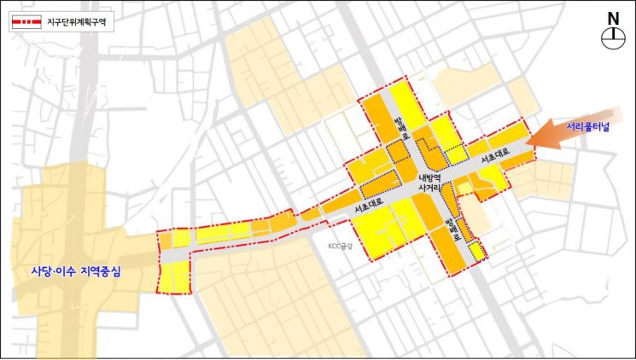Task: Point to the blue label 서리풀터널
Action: click(588, 128)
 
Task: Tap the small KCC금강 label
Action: click(340, 247)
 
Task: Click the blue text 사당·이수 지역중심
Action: click(72, 274)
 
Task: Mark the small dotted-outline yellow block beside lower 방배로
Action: click(477, 250)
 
